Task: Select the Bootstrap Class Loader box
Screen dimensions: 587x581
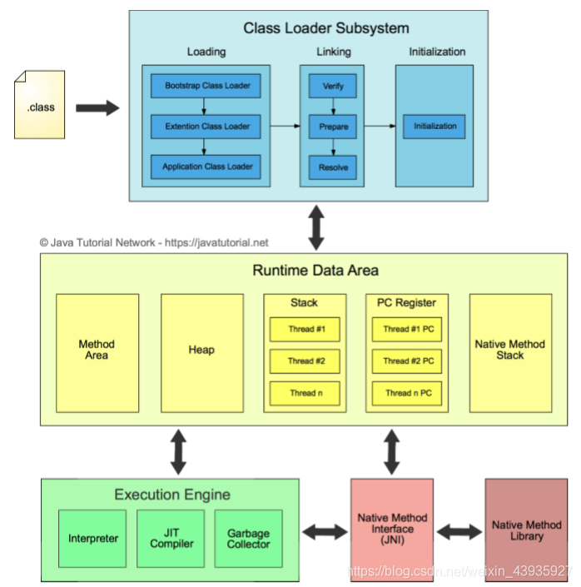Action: coord(206,86)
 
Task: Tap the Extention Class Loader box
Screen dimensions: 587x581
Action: coord(206,127)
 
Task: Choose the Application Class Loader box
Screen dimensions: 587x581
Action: coord(206,167)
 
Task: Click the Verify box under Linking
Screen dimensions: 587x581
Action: coord(333,86)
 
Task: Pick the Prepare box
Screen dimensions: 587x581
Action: coord(333,127)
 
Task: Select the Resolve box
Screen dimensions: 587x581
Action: coord(333,167)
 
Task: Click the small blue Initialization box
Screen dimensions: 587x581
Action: coord(435,127)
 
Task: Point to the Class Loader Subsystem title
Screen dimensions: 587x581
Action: coord(325,28)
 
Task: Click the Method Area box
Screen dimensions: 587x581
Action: coord(97,350)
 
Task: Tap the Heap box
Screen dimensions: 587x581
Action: coord(201,350)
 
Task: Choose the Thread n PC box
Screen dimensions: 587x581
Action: coord(408,393)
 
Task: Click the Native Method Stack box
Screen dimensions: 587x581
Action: coord(510,350)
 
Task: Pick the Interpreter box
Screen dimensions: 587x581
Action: coord(93,539)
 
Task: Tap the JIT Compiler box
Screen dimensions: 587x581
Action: coord(171,539)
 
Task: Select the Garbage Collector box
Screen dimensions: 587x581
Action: coord(249,539)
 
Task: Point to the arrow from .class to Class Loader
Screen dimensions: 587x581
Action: coord(97,107)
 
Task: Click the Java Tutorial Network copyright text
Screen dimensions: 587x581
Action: coord(154,243)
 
